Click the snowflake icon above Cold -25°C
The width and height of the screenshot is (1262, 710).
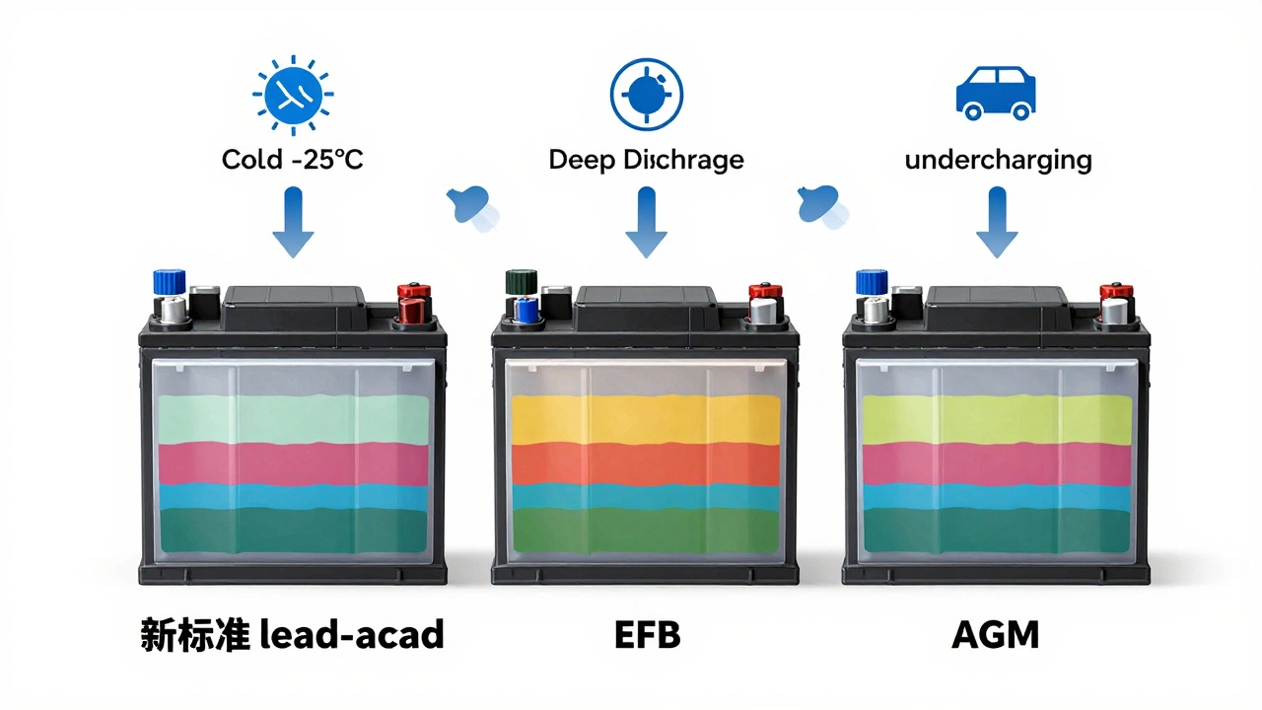coord(293,95)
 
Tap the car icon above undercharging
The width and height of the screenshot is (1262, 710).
coord(996,94)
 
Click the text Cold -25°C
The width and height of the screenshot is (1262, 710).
coord(293,159)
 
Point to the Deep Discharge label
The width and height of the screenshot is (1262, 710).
coord(646,160)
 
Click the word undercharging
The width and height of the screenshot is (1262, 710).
coord(998,160)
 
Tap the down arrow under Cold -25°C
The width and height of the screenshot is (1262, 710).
coord(293,224)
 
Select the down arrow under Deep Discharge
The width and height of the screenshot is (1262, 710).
coord(646,224)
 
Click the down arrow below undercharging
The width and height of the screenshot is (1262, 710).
coord(996,224)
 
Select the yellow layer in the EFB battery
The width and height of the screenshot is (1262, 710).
coord(646,419)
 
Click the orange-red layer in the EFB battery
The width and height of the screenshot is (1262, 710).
coord(646,463)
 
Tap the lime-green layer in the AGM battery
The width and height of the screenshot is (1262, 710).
coord(996,419)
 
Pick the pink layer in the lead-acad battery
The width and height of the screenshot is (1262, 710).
coord(293,463)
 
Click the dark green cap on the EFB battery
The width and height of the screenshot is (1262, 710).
coord(518,282)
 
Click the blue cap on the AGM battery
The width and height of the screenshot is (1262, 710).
coord(872,282)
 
